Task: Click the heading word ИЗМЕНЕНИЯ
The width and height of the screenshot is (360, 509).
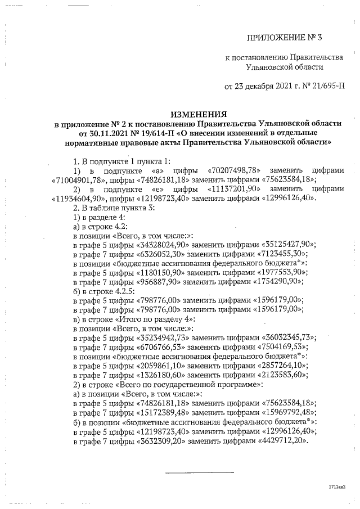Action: click(195, 114)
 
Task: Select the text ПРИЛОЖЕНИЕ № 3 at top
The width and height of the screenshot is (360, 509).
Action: click(287, 38)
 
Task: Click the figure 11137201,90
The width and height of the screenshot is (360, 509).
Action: click(232, 189)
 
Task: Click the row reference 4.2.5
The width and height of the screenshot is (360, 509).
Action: click(119, 290)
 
